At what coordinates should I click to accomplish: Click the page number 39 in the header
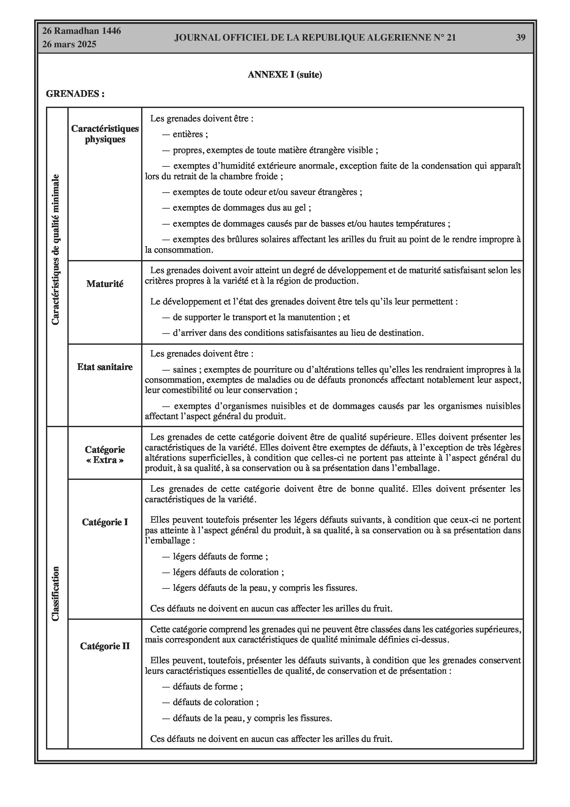coord(521,38)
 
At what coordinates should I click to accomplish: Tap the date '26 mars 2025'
coord(69,44)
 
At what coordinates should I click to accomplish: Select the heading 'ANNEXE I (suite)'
coord(285,74)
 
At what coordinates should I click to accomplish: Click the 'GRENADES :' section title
coord(75,94)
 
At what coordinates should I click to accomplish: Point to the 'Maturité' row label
coord(105,284)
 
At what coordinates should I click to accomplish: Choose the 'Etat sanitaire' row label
coord(105,367)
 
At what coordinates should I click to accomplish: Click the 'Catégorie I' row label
coord(105,522)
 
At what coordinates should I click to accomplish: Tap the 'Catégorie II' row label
coord(105,646)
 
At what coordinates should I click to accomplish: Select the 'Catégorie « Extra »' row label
coord(105,455)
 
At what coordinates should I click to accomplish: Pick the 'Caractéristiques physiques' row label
coord(105,134)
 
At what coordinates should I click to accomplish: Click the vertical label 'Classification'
coord(56,593)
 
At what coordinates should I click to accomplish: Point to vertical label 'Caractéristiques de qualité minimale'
coord(56,250)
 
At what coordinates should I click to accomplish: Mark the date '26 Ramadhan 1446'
coord(81,31)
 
